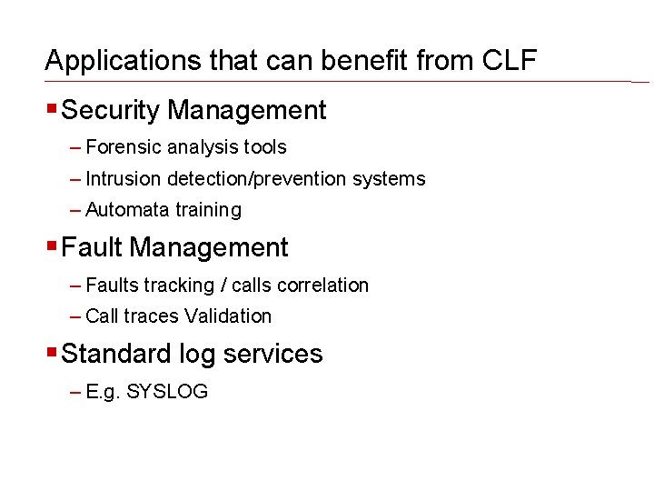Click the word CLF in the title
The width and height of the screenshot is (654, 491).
tap(510, 61)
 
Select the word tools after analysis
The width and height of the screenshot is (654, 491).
tap(264, 147)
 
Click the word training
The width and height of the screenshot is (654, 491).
tap(209, 210)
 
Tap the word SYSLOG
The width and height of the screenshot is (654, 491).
tap(167, 393)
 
